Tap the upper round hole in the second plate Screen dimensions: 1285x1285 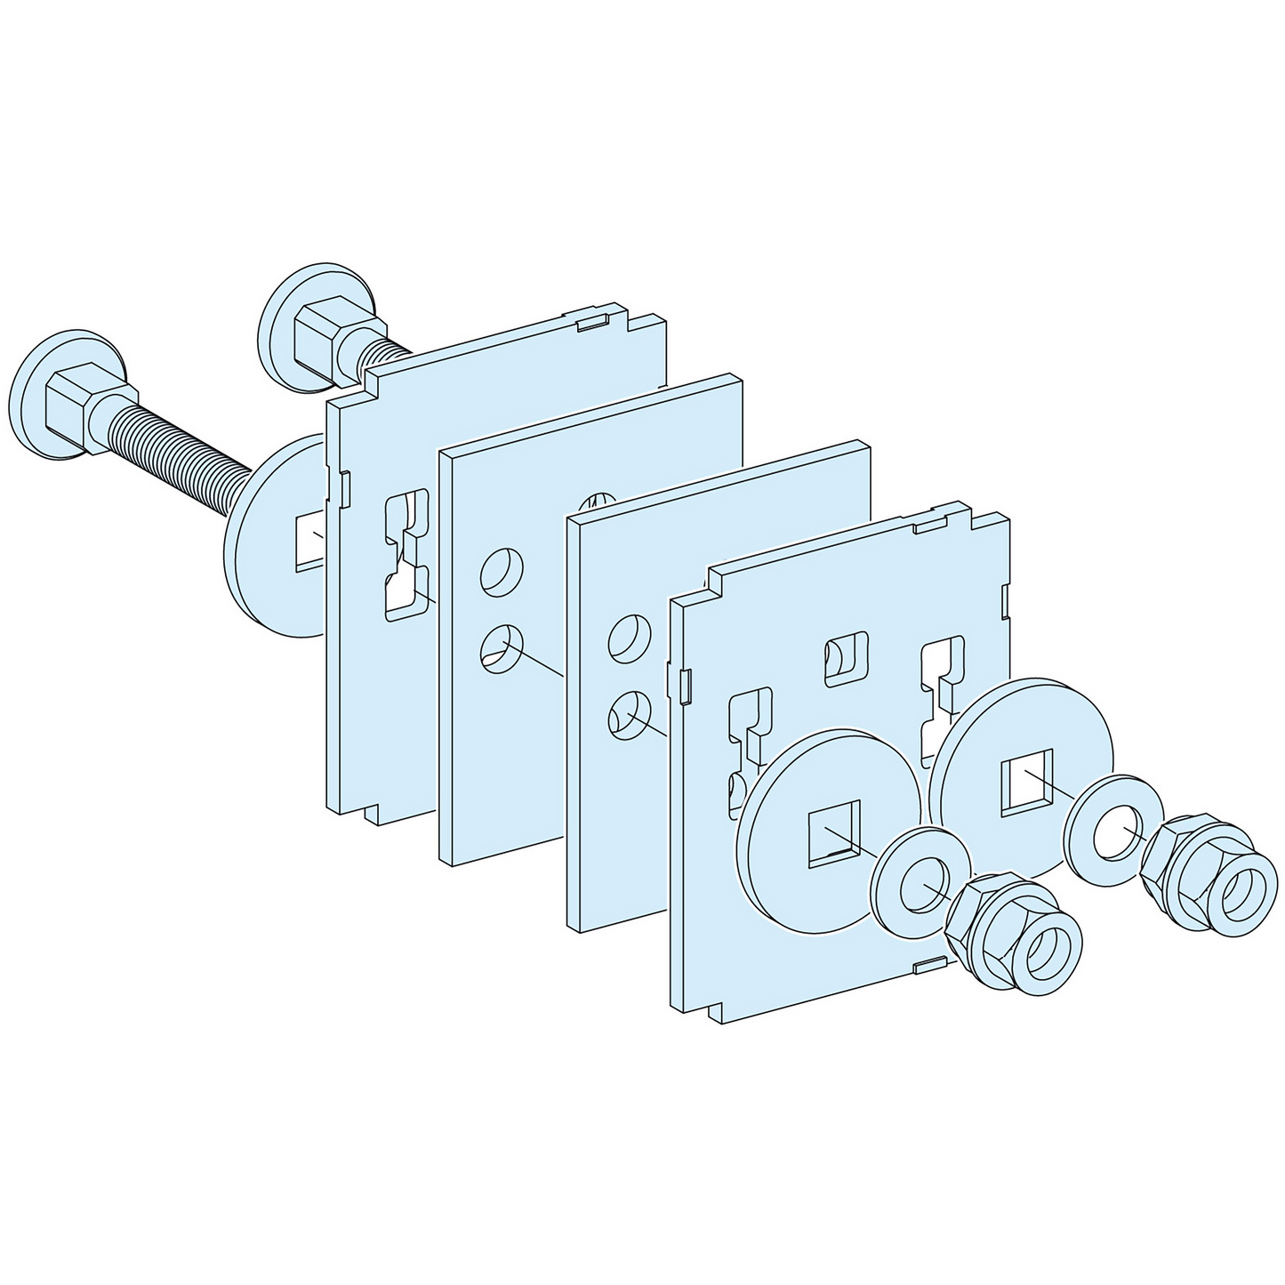point(502,572)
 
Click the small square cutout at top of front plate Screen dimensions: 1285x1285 point(847,659)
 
